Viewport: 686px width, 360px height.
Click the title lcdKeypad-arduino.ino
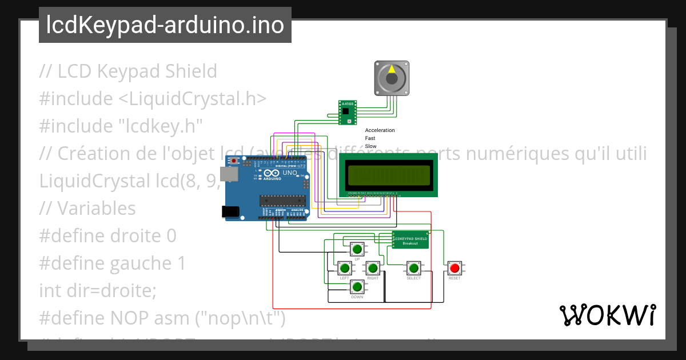(x=165, y=25)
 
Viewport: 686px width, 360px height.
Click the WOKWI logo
(x=607, y=315)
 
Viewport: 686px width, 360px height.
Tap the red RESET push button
(x=454, y=268)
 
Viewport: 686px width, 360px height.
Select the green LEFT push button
(x=344, y=268)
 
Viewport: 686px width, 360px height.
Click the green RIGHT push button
(x=373, y=268)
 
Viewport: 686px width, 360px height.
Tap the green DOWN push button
(x=357, y=287)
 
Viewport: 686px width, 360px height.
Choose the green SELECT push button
(x=413, y=268)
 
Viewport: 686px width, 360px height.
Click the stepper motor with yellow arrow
(x=391, y=78)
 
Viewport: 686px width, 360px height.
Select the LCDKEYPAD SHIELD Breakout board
(x=410, y=239)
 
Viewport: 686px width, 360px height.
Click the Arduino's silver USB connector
(x=230, y=174)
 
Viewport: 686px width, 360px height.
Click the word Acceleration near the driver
(x=380, y=130)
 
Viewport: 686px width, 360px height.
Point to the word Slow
(x=370, y=146)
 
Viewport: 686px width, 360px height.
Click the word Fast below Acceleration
(x=370, y=138)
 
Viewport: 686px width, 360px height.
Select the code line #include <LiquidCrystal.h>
(x=153, y=98)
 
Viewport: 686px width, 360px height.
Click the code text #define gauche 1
(x=112, y=263)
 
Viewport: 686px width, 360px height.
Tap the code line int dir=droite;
(x=98, y=290)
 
